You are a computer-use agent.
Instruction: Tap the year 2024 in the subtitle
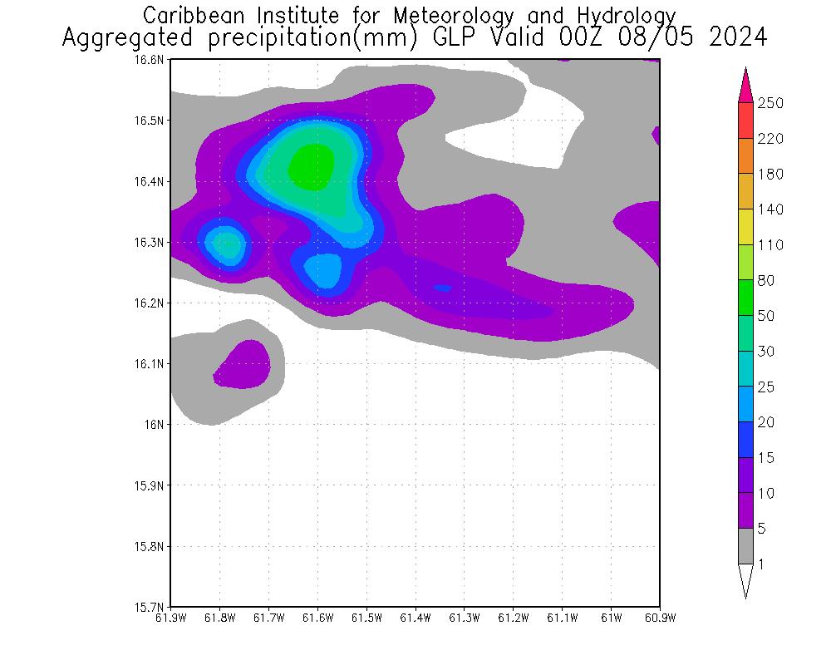pyautogui.click(x=737, y=38)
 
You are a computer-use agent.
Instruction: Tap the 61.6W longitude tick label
pyautogui.click(x=317, y=618)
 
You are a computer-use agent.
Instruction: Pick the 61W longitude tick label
pyautogui.click(x=611, y=618)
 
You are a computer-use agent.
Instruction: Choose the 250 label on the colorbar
pyautogui.click(x=771, y=103)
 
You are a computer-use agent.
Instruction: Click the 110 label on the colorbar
pyautogui.click(x=771, y=244)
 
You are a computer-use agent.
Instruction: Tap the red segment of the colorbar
pyautogui.click(x=745, y=121)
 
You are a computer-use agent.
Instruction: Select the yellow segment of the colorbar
pyautogui.click(x=745, y=227)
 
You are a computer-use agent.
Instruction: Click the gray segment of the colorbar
pyautogui.click(x=745, y=546)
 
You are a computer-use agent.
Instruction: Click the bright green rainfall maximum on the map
pyautogui.click(x=312, y=166)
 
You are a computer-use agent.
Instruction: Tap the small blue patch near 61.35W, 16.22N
pyautogui.click(x=441, y=288)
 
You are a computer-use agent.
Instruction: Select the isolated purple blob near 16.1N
pyautogui.click(x=243, y=363)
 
